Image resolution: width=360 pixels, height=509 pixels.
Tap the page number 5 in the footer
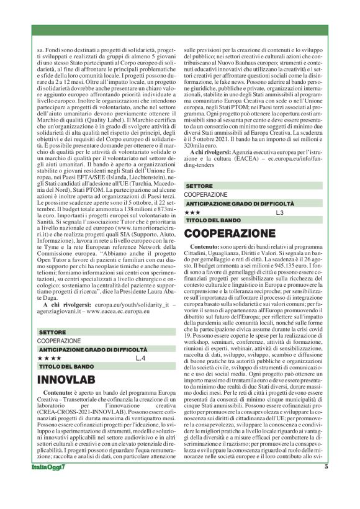click(326, 485)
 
